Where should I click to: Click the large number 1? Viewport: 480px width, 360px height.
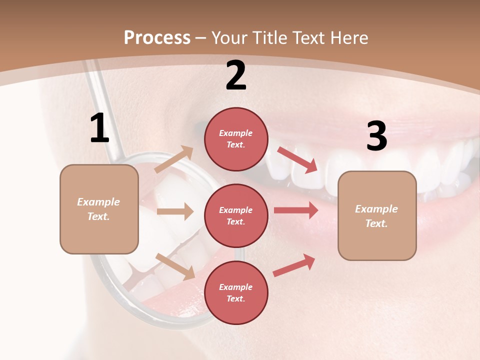[x=99, y=128]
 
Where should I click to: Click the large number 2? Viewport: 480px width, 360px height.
[x=236, y=75]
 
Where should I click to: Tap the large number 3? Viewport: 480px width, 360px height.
[x=376, y=136]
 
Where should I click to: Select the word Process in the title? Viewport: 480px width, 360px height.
[x=157, y=37]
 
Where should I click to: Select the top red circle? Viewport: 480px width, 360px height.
[x=236, y=139]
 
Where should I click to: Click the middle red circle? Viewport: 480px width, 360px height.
[x=236, y=215]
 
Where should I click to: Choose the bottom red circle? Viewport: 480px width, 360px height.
[x=236, y=292]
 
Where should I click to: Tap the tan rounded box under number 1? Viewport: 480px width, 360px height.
[x=99, y=209]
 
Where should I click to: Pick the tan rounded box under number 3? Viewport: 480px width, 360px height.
[x=377, y=215]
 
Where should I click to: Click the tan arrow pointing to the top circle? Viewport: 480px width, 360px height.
[x=174, y=159]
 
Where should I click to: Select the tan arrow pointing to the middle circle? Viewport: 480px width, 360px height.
[x=175, y=211]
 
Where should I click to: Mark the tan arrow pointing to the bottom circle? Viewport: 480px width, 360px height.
[x=175, y=266]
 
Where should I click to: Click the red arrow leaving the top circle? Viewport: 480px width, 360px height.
[x=297, y=160]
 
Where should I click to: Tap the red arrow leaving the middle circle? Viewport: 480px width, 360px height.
[x=296, y=210]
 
